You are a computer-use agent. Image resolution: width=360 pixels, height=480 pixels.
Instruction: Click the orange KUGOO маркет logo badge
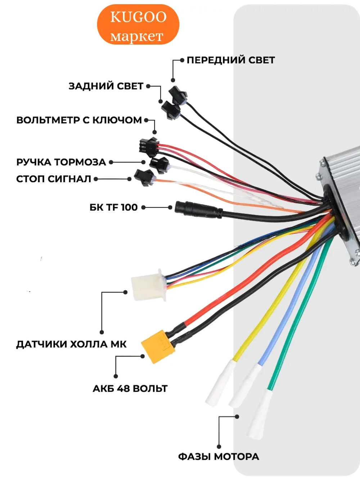[x=138, y=24]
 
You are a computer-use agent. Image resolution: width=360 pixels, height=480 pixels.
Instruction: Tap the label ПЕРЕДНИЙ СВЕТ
[x=231, y=60]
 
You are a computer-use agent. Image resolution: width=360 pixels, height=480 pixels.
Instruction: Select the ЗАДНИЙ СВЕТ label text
[x=106, y=86]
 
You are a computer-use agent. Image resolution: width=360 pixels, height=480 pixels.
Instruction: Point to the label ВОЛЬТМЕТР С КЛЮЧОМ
[x=79, y=120]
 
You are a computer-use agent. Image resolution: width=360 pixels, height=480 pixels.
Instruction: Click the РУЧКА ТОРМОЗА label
[x=61, y=162]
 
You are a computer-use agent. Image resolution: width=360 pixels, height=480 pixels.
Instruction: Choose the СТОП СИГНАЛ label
[x=54, y=179]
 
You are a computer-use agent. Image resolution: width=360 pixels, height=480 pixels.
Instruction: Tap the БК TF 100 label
[x=114, y=207]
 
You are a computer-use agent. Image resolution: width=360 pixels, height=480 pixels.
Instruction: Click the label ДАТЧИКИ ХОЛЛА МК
[x=72, y=344]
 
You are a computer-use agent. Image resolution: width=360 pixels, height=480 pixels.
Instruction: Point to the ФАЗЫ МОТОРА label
[x=219, y=457]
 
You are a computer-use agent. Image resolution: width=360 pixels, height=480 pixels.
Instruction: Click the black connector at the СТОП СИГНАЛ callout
[x=144, y=178]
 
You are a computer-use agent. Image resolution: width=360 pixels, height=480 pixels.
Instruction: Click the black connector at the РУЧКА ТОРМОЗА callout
[x=159, y=165]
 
